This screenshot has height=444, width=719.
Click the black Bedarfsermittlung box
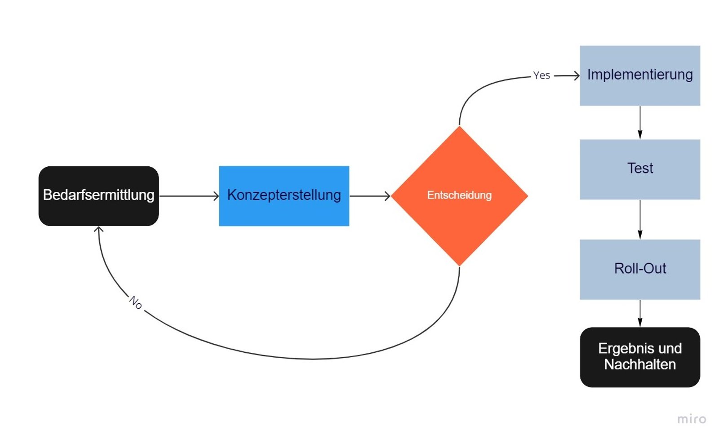click(98, 196)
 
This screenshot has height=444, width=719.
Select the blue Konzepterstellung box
click(284, 196)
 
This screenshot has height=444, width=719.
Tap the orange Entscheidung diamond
click(459, 196)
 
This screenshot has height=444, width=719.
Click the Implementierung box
click(639, 75)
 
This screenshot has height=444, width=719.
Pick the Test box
click(639, 169)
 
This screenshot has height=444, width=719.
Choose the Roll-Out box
click(639, 269)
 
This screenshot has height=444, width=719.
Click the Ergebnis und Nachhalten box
click(639, 357)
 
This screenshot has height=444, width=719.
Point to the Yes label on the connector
click(541, 75)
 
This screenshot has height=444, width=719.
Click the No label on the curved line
click(136, 302)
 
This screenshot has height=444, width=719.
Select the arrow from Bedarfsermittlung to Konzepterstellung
click(189, 196)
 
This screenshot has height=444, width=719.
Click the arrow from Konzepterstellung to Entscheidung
click(369, 196)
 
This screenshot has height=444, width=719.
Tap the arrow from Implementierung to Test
click(640, 122)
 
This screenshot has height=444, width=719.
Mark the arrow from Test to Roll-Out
click(640, 219)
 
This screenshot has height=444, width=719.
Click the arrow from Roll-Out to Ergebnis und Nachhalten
click(640, 313)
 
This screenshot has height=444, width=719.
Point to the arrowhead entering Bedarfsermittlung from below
click(99, 230)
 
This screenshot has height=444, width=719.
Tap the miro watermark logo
click(692, 419)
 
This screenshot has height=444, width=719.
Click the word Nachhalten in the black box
click(639, 364)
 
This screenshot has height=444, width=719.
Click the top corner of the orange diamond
click(459, 127)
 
